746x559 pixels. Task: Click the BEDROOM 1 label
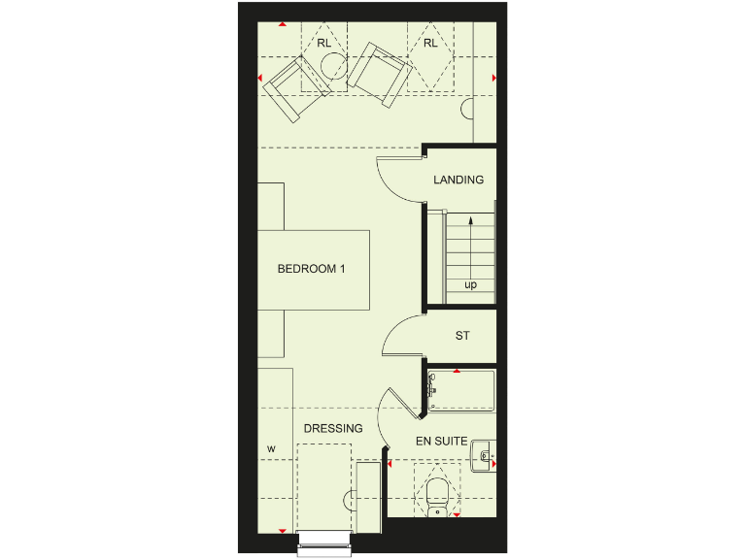coord(311,269)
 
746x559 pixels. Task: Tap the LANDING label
coord(458,180)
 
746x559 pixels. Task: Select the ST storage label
coord(462,336)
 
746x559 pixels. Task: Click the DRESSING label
coord(333,428)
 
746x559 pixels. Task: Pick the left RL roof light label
coord(323,44)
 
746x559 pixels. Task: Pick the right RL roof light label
coord(429,44)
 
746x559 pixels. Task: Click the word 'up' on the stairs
coord(470,285)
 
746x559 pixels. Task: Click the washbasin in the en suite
coord(483,454)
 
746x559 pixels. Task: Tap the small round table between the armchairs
coord(333,65)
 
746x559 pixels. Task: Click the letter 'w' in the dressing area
coord(272,448)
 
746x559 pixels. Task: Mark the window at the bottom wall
coord(322,543)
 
